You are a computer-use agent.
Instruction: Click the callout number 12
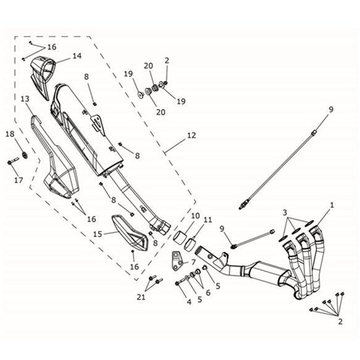pyautogui.click(x=190, y=136)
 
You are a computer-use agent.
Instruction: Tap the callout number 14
pyautogui.click(x=77, y=56)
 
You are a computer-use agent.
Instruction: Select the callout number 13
pyautogui.click(x=25, y=99)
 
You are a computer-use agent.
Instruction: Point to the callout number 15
pyautogui.click(x=96, y=233)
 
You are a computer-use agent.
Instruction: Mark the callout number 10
pyautogui.click(x=196, y=216)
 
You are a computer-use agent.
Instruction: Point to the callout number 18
pyautogui.click(x=10, y=134)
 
